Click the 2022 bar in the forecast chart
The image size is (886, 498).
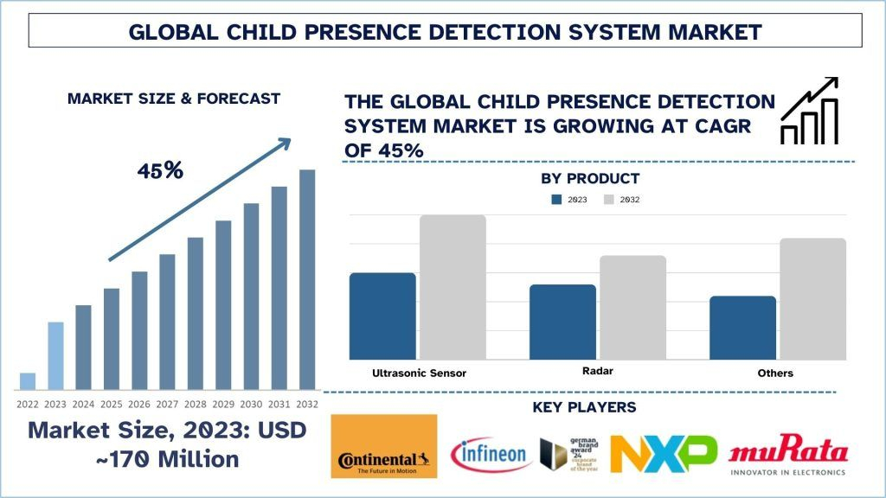tap(28, 380)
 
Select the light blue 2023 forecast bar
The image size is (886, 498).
tap(55, 355)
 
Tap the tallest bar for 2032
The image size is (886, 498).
tap(307, 278)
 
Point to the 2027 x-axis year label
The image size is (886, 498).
tap(167, 404)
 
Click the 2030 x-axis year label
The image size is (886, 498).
tap(251, 404)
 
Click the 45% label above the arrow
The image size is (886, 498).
tap(160, 170)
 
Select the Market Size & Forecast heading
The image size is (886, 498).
tap(174, 99)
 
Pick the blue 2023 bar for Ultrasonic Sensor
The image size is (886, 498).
tap(382, 316)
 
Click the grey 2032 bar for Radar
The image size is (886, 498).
tap(632, 307)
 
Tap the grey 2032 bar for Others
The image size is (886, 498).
tap(812, 298)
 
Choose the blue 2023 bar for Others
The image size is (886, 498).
tap(742, 327)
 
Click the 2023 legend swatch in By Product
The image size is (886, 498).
tap(558, 200)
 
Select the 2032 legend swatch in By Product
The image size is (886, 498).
tap(608, 200)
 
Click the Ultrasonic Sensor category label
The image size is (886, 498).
tap(419, 373)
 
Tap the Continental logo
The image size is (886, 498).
tap(383, 446)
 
